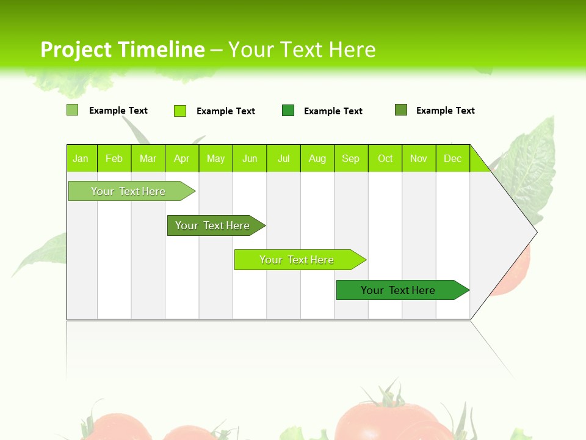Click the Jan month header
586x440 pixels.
[81, 158]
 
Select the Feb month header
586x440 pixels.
[114, 158]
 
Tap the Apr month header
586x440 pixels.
[181, 158]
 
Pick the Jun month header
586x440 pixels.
[250, 158]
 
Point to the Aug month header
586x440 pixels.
[317, 158]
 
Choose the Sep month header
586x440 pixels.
[350, 158]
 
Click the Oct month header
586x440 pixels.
[385, 158]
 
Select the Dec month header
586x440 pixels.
[452, 158]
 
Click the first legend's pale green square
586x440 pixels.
[72, 110]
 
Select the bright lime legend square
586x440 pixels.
[179, 111]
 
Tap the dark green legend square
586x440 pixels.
[288, 111]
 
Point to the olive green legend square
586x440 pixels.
[400, 110]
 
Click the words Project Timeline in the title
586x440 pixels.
[122, 50]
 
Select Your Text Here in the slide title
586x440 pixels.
[302, 50]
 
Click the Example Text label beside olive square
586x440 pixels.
[445, 111]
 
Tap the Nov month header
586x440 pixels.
[418, 158]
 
